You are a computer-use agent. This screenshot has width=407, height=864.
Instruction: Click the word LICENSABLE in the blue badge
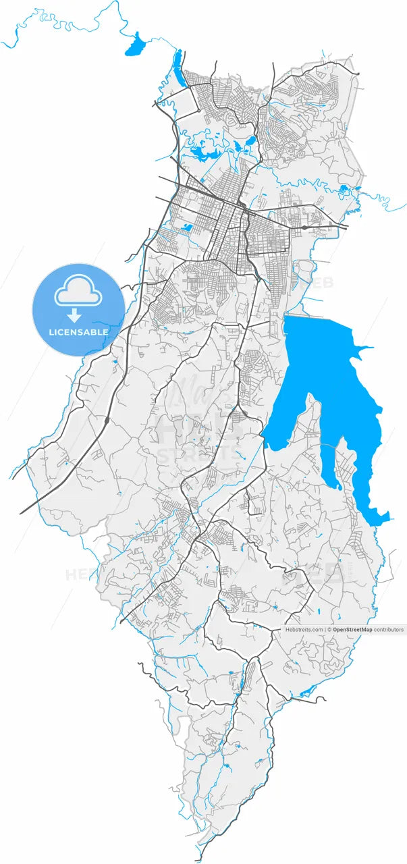pos(78,332)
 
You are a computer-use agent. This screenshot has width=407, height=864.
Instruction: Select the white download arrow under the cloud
pos(74,315)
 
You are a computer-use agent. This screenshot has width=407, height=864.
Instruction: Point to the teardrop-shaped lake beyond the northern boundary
pos(136,45)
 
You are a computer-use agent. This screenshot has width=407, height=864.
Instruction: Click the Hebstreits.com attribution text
pos(304,630)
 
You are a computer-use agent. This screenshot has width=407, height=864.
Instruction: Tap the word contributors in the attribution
pos(389,630)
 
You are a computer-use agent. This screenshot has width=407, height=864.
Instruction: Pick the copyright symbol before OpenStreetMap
pos(330,630)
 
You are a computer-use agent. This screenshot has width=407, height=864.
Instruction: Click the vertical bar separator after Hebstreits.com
pos(325,630)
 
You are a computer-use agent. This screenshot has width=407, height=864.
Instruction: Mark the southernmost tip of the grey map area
pos(200,861)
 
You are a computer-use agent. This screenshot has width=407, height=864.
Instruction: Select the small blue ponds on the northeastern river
pos(345,189)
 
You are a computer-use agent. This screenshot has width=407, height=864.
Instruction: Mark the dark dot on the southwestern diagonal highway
pos(107,421)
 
